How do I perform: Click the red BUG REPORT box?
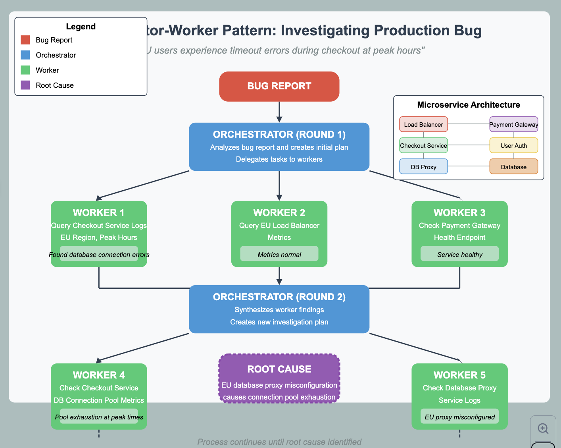click(279, 86)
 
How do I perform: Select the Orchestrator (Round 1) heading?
click(279, 135)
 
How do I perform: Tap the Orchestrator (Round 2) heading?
click(279, 297)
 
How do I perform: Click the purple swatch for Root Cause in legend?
click(25, 85)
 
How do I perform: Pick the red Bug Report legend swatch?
click(25, 40)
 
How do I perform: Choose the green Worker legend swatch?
click(25, 70)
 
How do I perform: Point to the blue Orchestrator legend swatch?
click(25, 55)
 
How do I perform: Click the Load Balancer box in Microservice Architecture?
click(423, 124)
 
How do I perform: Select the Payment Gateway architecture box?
click(513, 124)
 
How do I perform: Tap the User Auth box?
click(513, 145)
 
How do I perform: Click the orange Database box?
click(513, 167)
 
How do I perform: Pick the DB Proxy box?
click(423, 167)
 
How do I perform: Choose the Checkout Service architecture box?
click(423, 145)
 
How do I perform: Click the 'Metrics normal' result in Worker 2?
click(279, 254)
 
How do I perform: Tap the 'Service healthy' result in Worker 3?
click(459, 254)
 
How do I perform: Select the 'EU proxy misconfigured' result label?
click(459, 417)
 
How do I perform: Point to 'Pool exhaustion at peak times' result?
click(99, 417)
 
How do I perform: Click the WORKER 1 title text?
click(99, 212)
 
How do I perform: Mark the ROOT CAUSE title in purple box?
click(279, 369)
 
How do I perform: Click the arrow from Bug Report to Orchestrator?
click(279, 112)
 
